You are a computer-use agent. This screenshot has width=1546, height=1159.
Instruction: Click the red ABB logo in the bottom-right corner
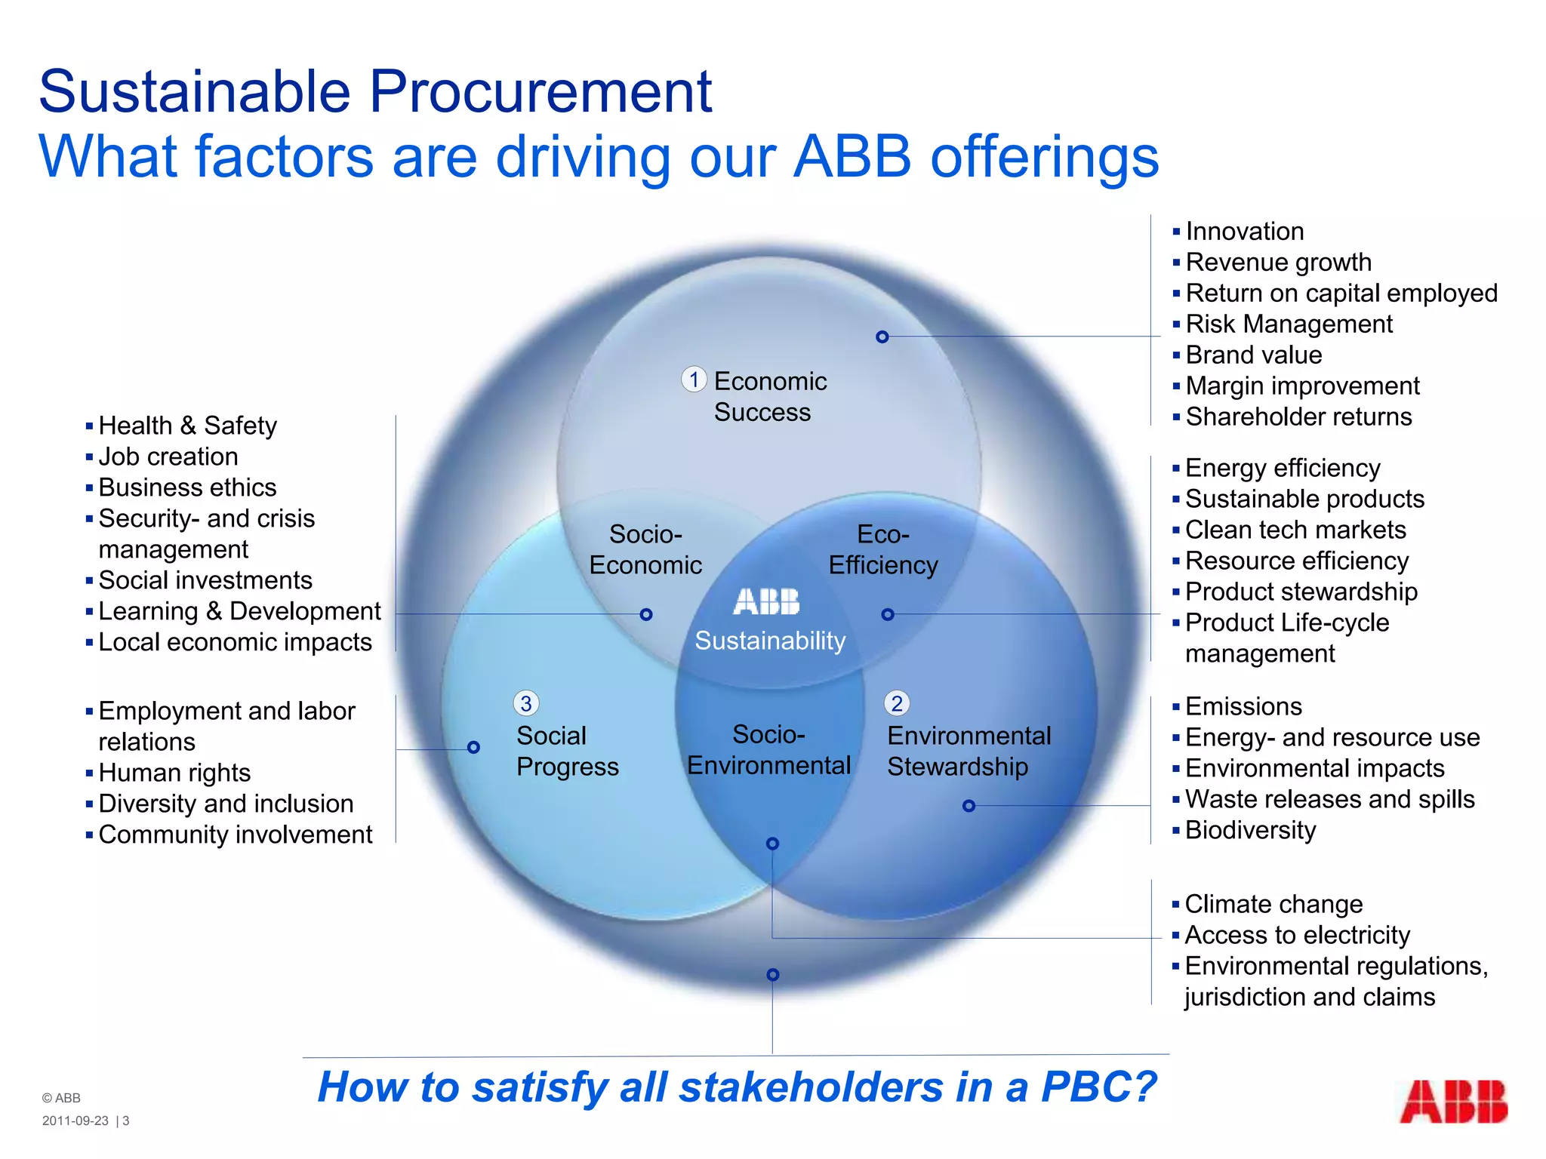(x=1453, y=1102)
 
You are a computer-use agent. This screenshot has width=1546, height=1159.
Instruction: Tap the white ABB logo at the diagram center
(x=766, y=602)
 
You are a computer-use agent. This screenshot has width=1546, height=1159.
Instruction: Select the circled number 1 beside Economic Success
(x=694, y=379)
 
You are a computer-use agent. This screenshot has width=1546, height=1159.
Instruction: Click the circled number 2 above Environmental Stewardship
(x=897, y=703)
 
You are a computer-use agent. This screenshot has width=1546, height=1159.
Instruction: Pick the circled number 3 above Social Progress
(x=526, y=703)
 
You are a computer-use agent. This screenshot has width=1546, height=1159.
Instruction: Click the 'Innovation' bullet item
(x=1244, y=231)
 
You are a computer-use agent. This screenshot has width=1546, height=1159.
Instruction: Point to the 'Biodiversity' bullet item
(x=1250, y=830)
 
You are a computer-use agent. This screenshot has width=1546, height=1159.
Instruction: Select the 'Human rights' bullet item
(x=174, y=773)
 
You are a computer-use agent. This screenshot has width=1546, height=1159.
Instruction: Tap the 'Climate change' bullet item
(x=1273, y=904)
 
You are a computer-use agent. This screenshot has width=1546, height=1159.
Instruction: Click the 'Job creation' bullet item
(x=168, y=457)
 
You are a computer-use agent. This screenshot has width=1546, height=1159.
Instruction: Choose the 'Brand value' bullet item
(x=1253, y=355)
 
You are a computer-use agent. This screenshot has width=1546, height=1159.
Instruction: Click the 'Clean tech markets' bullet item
(x=1295, y=530)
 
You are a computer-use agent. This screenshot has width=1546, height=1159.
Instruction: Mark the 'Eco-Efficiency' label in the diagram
(x=883, y=550)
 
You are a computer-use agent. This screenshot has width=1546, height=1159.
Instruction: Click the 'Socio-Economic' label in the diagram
(x=645, y=550)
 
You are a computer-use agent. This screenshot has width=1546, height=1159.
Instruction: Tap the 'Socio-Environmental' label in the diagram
(x=768, y=750)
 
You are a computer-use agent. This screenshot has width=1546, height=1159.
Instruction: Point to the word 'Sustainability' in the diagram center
(x=770, y=641)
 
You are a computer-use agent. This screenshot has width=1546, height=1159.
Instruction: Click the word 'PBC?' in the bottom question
(x=1098, y=1087)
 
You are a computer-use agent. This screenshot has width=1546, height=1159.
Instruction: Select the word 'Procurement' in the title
(x=540, y=91)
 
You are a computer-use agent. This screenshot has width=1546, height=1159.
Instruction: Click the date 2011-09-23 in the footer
(x=75, y=1121)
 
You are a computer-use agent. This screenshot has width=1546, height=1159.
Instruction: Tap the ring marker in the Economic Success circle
(x=882, y=337)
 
